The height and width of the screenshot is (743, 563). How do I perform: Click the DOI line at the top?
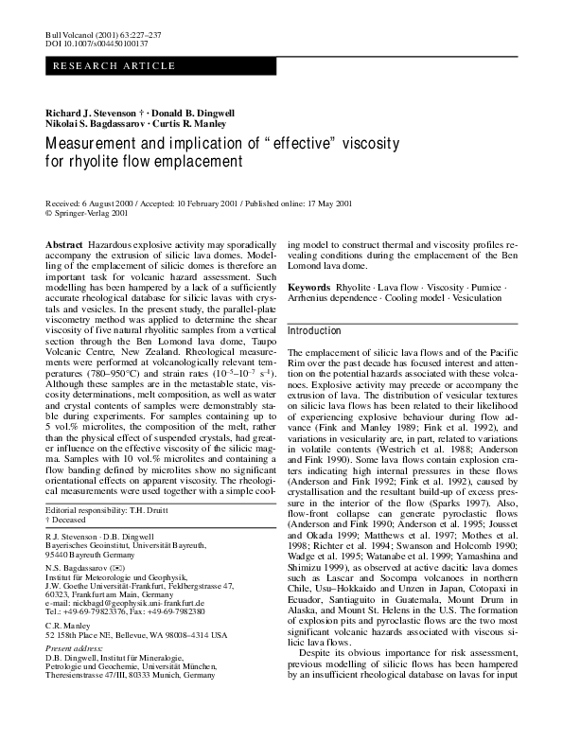pyautogui.click(x=90, y=44)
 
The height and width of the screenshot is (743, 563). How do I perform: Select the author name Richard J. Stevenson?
pyautogui.click(x=91, y=113)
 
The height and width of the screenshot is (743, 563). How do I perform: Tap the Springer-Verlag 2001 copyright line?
pyautogui.click(x=94, y=214)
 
